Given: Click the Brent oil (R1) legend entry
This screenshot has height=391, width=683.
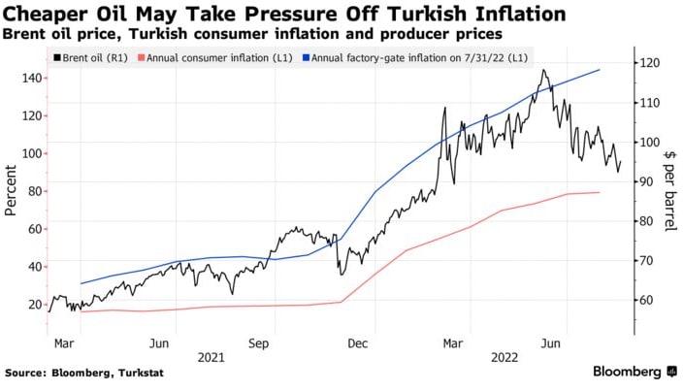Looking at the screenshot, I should (x=88, y=57).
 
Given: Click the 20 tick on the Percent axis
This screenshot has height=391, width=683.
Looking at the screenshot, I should (x=34, y=305).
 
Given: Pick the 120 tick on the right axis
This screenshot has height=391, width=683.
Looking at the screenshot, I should (x=648, y=63).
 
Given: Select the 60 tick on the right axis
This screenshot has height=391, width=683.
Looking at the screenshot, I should (x=645, y=301).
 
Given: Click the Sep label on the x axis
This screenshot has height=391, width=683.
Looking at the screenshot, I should (x=258, y=342).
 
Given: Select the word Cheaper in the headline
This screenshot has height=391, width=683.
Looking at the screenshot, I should (x=46, y=15).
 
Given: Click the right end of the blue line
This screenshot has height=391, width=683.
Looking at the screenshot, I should (x=600, y=70).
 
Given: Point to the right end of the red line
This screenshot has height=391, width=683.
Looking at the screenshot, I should (x=600, y=192).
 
